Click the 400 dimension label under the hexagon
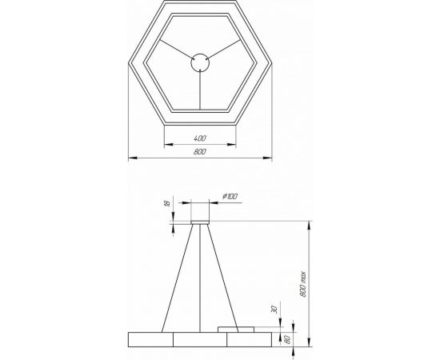(200, 138)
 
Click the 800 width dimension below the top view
(200, 152)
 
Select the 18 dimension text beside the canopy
(166, 205)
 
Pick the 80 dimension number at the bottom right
(286, 339)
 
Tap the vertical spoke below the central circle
(200, 89)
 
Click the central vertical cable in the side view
(200, 276)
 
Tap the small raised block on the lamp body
(236, 328)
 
